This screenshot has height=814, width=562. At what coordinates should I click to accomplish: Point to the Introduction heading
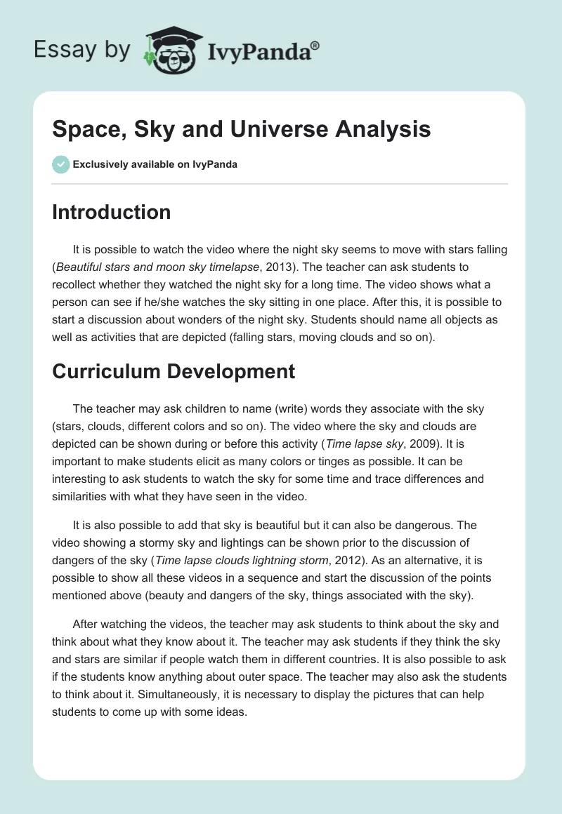coord(111,212)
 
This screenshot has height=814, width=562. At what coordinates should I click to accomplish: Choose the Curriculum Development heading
coord(174,371)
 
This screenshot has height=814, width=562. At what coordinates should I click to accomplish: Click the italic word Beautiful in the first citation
coord(81,267)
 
